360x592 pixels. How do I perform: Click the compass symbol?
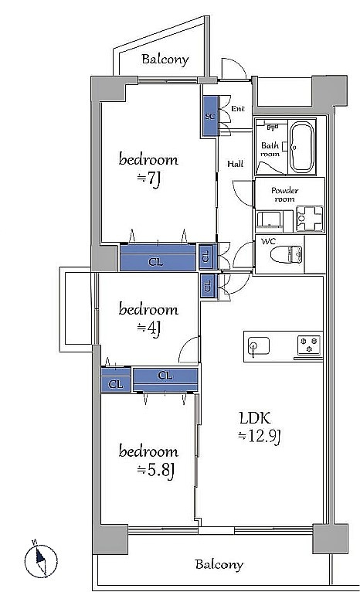[x=41, y=560]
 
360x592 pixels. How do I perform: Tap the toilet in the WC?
[x=287, y=253]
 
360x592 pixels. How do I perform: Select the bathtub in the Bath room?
[x=301, y=148]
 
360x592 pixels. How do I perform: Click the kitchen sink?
[x=259, y=346]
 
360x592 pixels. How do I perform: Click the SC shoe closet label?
[x=210, y=116]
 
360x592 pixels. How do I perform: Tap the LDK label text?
[x=255, y=418]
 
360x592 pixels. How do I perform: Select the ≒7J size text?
[x=149, y=179]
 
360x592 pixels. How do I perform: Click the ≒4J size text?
[x=149, y=328]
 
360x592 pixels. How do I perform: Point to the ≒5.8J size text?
[x=155, y=471]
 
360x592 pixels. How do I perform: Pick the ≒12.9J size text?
[x=260, y=437]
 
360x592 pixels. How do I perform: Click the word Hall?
[x=235, y=164]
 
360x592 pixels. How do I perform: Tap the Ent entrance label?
[x=238, y=109]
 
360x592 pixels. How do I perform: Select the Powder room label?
[x=285, y=195]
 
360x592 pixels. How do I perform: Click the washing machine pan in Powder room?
[x=310, y=219]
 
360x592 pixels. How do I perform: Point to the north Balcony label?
[x=165, y=60]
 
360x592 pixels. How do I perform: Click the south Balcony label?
[x=219, y=565]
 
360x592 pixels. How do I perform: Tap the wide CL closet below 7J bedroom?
[x=158, y=257]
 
